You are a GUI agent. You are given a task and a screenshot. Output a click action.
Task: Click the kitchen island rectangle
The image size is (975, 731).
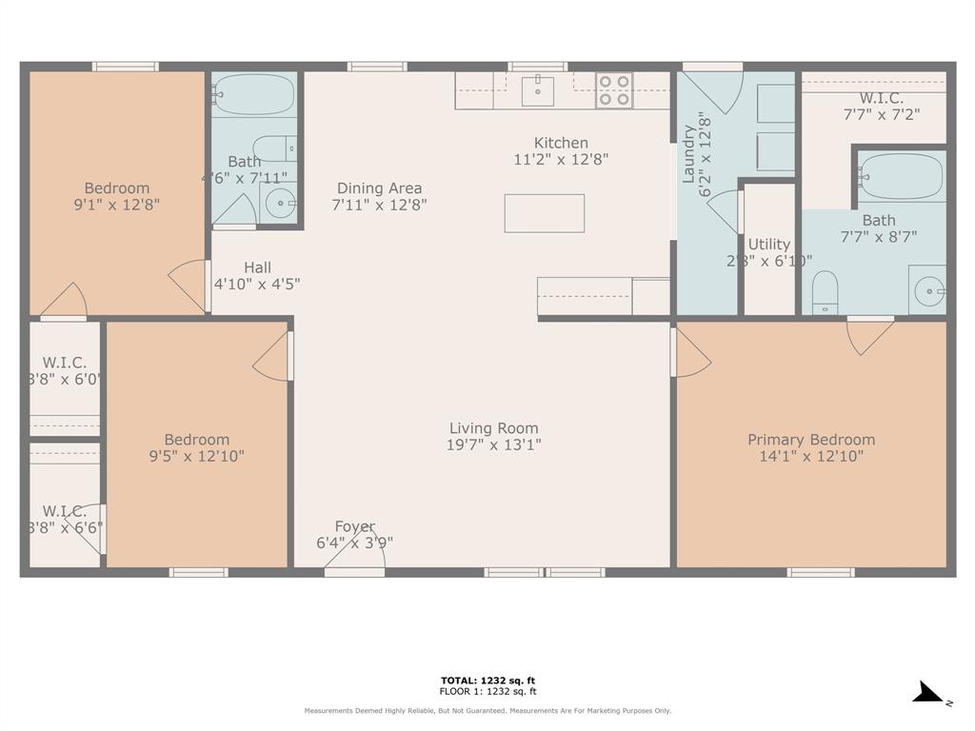(544, 213)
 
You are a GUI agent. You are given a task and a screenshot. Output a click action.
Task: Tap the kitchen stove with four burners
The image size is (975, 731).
(614, 90)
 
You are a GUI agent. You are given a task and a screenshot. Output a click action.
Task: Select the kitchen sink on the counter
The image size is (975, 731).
(538, 91)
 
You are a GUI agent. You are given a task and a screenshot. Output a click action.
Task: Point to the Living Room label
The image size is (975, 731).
(493, 428)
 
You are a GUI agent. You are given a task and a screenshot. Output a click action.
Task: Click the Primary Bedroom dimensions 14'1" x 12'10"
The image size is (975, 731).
(810, 456)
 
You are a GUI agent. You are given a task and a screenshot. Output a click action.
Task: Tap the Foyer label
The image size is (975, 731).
(354, 526)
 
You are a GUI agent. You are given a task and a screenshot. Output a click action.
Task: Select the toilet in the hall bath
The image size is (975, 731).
(277, 148)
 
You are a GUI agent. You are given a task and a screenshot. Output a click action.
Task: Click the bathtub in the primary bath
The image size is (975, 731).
(901, 176)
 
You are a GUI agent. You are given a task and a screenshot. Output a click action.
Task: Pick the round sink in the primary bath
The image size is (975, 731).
(926, 290)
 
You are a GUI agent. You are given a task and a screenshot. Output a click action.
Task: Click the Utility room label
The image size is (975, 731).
(768, 245)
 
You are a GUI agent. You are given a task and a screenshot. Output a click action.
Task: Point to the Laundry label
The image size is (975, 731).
(688, 153)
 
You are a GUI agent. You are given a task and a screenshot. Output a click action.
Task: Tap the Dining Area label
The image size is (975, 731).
(379, 188)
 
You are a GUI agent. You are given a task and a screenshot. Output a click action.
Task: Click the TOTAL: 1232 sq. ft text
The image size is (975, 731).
(487, 680)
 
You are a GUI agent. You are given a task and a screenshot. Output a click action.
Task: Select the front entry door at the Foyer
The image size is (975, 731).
(354, 570)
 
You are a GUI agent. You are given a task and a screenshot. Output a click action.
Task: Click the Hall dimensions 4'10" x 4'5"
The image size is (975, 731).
(257, 284)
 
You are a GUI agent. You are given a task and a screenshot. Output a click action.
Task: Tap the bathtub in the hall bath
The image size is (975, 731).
(253, 94)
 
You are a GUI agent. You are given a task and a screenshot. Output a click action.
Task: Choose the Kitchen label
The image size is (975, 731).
(560, 143)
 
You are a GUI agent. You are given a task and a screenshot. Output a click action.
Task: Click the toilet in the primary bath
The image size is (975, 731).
(825, 291)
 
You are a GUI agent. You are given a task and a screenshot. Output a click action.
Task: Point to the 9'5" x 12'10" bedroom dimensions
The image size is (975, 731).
(196, 456)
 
